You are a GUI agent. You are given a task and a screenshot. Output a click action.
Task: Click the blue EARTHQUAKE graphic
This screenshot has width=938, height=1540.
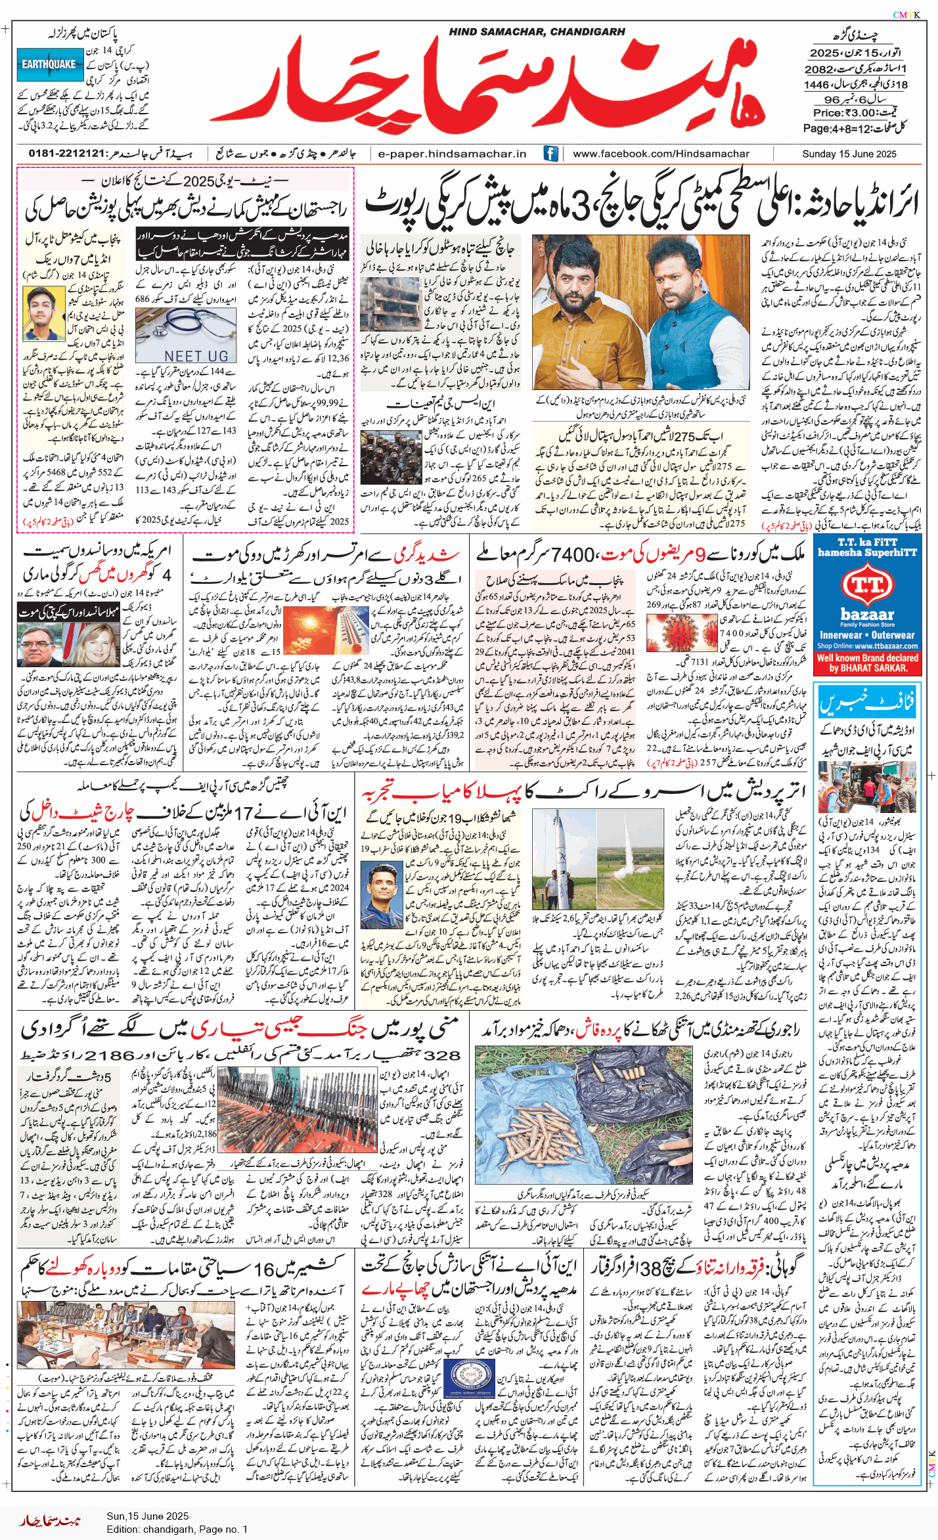pos(49,64)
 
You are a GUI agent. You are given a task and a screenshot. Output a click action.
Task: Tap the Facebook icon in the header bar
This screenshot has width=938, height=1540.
pos(550,154)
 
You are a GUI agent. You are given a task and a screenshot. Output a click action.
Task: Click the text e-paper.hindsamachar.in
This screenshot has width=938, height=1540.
pos(452,154)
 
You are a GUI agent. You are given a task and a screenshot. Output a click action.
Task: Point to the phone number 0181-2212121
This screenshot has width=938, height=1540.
pos(67,154)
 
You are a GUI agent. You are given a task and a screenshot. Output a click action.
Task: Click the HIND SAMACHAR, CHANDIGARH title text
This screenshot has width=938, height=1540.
pos(537,32)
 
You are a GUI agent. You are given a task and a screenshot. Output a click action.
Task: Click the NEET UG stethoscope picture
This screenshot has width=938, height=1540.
pos(185,335)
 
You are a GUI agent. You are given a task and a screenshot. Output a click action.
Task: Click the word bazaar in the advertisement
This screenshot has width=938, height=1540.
pos(867,615)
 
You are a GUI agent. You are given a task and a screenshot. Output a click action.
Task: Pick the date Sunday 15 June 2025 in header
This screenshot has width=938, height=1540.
pos(849,154)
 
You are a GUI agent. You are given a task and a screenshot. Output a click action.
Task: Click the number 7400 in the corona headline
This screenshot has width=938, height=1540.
pos(573,555)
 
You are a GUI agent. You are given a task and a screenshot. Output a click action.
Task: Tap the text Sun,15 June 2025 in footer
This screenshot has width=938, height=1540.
pos(147,1516)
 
